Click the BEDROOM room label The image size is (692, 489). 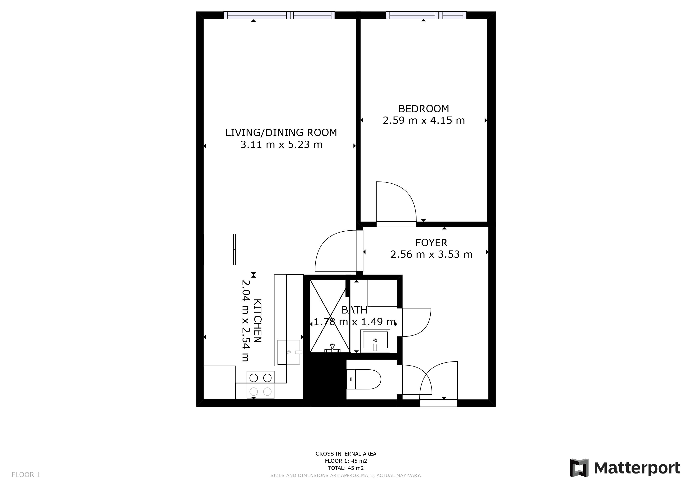point(423,109)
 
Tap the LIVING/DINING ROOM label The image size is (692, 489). point(281,133)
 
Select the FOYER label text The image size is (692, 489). point(431,243)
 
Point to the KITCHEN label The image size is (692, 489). point(258,321)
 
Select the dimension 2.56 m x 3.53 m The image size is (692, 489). point(431,255)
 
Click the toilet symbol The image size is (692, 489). point(364,379)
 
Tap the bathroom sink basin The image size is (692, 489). point(375,341)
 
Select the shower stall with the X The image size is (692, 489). point(330,316)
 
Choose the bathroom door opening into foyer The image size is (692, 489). point(414,322)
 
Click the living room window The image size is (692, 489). point(279,15)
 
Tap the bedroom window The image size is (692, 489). point(426,15)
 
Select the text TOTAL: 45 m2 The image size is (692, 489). point(346,468)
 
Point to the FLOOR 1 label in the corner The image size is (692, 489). point(26,475)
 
